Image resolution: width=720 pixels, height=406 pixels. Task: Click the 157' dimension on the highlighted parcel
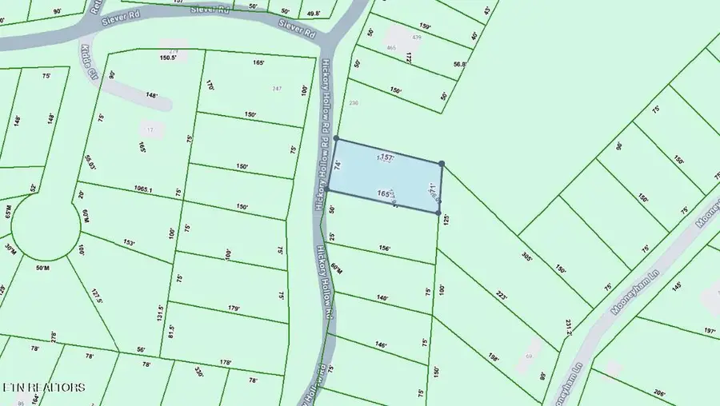point(388,157)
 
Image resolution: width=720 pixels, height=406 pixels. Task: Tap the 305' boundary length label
point(526,257)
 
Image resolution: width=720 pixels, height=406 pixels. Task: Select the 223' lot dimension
point(502,296)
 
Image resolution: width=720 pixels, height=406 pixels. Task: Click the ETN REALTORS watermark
point(43,388)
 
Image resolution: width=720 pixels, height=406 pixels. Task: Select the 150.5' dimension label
point(167,58)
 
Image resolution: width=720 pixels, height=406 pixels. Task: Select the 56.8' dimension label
point(459,65)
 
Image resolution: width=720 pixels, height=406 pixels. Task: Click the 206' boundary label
point(659,393)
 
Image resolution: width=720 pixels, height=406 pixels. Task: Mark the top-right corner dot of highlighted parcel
point(442,164)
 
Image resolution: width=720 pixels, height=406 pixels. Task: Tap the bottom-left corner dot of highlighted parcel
point(326,189)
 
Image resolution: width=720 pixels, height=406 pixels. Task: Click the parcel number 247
point(278,88)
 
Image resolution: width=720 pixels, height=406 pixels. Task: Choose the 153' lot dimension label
point(130,242)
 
